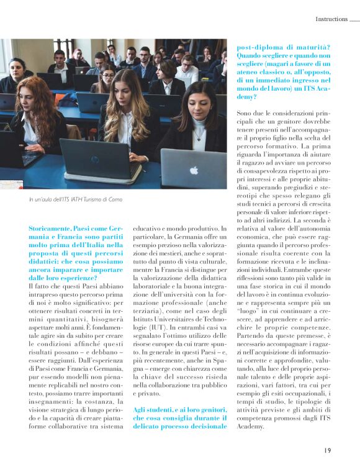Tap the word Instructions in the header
click(x=331, y=19)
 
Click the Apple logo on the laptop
click(x=193, y=170)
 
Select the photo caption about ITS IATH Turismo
click(x=76, y=199)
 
